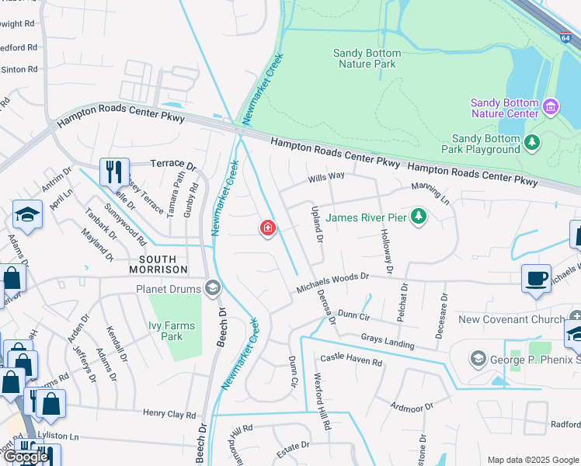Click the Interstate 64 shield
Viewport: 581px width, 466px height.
coord(565,37)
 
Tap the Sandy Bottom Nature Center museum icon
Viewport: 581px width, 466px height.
coord(551,106)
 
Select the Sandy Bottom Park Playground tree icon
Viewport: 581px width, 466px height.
coord(532,141)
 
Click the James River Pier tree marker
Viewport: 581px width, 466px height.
coord(419,215)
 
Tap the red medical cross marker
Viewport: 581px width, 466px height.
coord(267,228)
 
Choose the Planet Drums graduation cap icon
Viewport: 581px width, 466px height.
coord(211,289)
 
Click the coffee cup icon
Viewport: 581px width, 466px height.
coord(536,279)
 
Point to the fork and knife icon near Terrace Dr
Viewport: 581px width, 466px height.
coord(113,172)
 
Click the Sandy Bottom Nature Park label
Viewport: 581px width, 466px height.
coord(367,58)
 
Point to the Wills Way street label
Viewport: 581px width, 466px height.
coord(326,176)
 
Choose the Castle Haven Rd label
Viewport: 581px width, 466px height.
coord(351,361)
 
